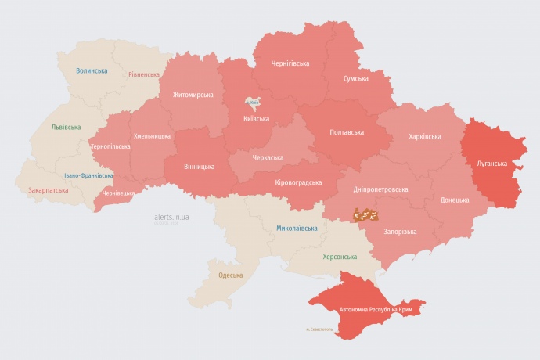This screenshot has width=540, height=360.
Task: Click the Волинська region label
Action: coord(92,71)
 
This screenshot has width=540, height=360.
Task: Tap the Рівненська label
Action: coord(144,75)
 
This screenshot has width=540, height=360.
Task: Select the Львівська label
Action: coord(65,127)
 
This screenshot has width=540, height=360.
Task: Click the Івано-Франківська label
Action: coord(88,175)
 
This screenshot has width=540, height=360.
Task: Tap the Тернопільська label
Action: coord(110,146)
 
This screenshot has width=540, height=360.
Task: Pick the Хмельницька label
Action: coord(152,136)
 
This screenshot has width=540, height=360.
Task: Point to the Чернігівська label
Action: coord(290,63)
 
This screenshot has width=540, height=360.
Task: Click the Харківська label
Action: coord(424,137)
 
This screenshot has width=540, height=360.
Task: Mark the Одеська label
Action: coord(230,275)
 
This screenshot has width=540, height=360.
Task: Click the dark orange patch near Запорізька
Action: coord(368,214)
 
